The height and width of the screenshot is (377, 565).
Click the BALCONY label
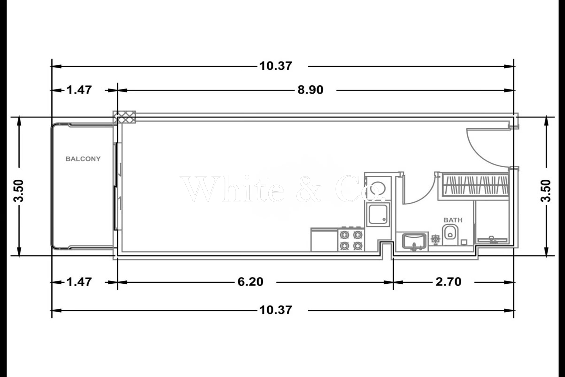pyautogui.click(x=83, y=159)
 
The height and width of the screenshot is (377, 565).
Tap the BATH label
pyautogui.click(x=453, y=220)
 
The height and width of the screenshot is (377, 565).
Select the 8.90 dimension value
pyautogui.click(x=310, y=90)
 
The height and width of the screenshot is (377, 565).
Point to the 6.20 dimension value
pyautogui.click(x=250, y=282)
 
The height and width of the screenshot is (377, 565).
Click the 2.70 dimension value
pyautogui.click(x=448, y=282)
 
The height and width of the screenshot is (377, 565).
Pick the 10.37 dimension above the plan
pyautogui.click(x=276, y=66)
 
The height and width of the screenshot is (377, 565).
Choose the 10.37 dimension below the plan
pyautogui.click(x=276, y=310)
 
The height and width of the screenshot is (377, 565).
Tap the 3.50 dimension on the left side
pyautogui.click(x=19, y=191)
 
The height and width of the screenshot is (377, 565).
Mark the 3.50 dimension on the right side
pyautogui.click(x=546, y=191)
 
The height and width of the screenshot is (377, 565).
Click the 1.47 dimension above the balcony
pyautogui.click(x=79, y=90)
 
